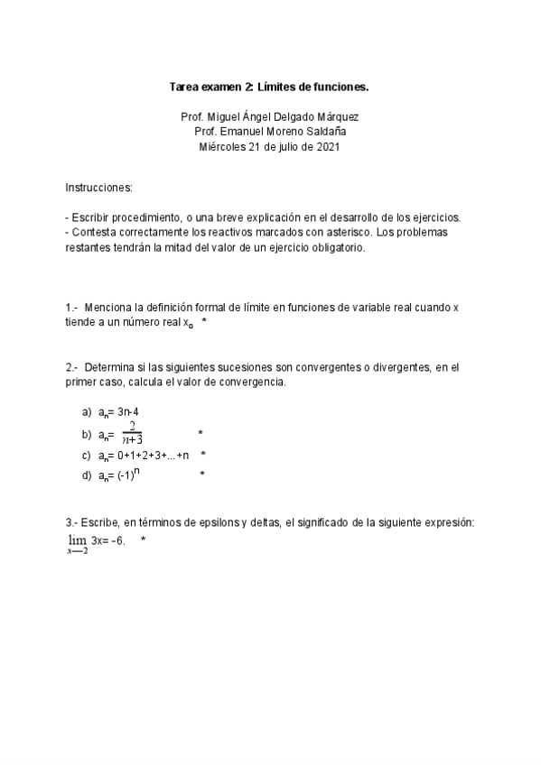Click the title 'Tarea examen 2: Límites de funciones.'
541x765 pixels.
pyautogui.click(x=269, y=88)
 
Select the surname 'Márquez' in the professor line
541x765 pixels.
pyautogui.click(x=348, y=116)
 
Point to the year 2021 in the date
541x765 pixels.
pyautogui.click(x=328, y=146)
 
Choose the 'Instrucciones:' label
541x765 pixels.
pyautogui.click(x=98, y=188)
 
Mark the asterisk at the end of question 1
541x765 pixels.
pyautogui.click(x=205, y=322)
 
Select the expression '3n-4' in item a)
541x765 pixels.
pyautogui.click(x=127, y=411)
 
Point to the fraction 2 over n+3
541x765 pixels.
pyautogui.click(x=133, y=433)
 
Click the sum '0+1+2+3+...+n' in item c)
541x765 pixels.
pyautogui.click(x=154, y=455)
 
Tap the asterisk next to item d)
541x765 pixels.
pyautogui.click(x=202, y=475)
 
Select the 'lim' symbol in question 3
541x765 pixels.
pyautogui.click(x=76, y=539)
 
